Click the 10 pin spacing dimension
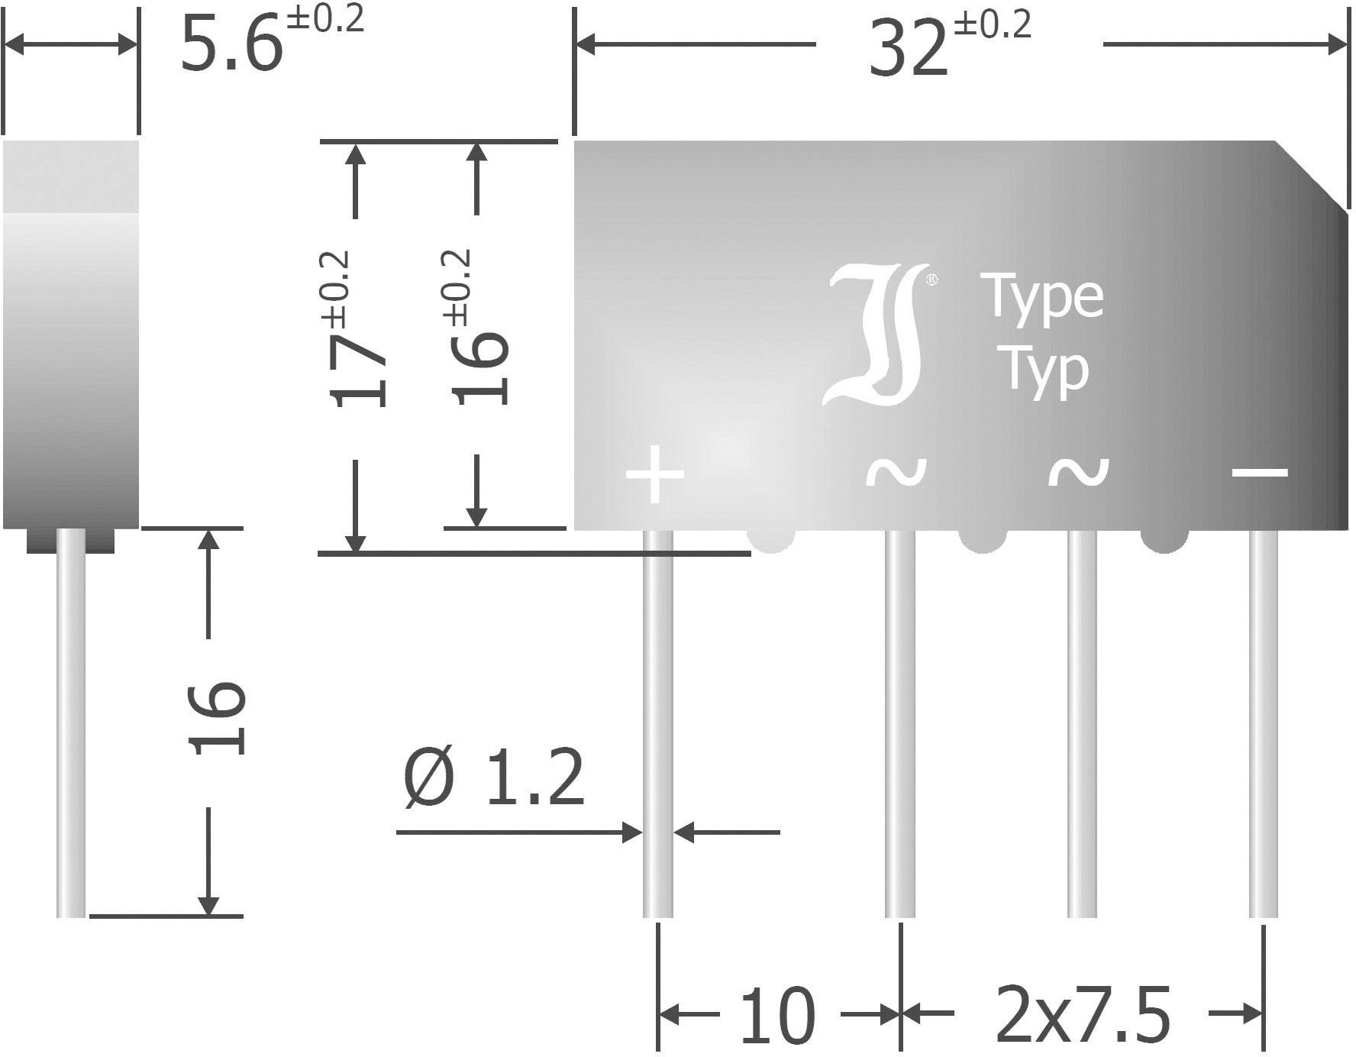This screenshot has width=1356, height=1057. coord(777,1016)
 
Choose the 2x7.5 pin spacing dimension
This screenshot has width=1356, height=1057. coord(1082,1016)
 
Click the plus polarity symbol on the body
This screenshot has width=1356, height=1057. coord(654,474)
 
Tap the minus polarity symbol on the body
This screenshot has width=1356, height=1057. coord(1260,472)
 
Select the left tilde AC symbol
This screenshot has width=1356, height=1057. coord(896,472)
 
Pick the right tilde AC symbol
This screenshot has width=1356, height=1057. coord(1077,472)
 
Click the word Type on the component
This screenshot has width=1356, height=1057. coord(1044,298)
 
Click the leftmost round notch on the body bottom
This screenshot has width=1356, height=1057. coord(771,540)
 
